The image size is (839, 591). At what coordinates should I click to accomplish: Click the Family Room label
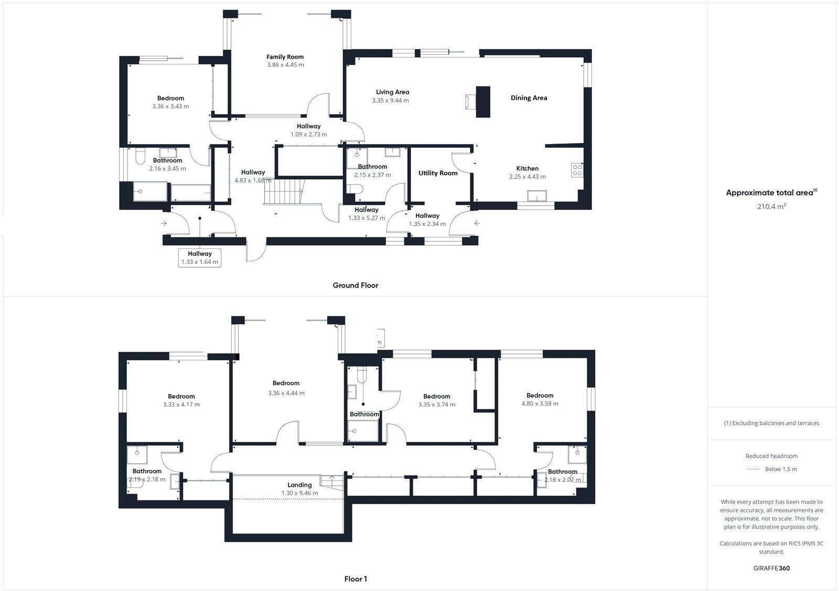[285, 57]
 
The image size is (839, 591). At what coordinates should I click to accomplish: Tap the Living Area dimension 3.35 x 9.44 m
[390, 101]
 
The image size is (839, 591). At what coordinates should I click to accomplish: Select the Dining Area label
[529, 98]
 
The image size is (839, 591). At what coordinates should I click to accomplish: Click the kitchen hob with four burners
[577, 170]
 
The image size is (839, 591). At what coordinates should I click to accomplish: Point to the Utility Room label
[438, 173]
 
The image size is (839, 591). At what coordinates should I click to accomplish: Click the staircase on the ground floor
[284, 191]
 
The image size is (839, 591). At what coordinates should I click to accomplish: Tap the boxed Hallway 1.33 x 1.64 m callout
[200, 258]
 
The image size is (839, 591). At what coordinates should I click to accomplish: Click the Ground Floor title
[355, 286]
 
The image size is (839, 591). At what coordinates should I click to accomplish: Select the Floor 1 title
[356, 579]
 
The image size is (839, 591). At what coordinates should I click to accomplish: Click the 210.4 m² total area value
[771, 206]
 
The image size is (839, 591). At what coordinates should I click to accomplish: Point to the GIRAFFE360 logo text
[771, 568]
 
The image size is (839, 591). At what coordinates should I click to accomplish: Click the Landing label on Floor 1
[299, 485]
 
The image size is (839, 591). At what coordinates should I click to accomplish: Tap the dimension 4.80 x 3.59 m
[540, 404]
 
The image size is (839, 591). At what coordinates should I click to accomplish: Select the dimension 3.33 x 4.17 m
[181, 404]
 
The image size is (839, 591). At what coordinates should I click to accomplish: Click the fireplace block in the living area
[482, 102]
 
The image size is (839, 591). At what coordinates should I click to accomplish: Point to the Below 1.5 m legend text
[781, 469]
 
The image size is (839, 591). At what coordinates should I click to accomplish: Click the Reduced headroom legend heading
[771, 456]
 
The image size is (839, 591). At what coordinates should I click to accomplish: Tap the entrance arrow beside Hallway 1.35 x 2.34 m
[477, 224]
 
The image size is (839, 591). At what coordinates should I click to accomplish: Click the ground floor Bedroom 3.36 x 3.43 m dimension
[170, 106]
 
